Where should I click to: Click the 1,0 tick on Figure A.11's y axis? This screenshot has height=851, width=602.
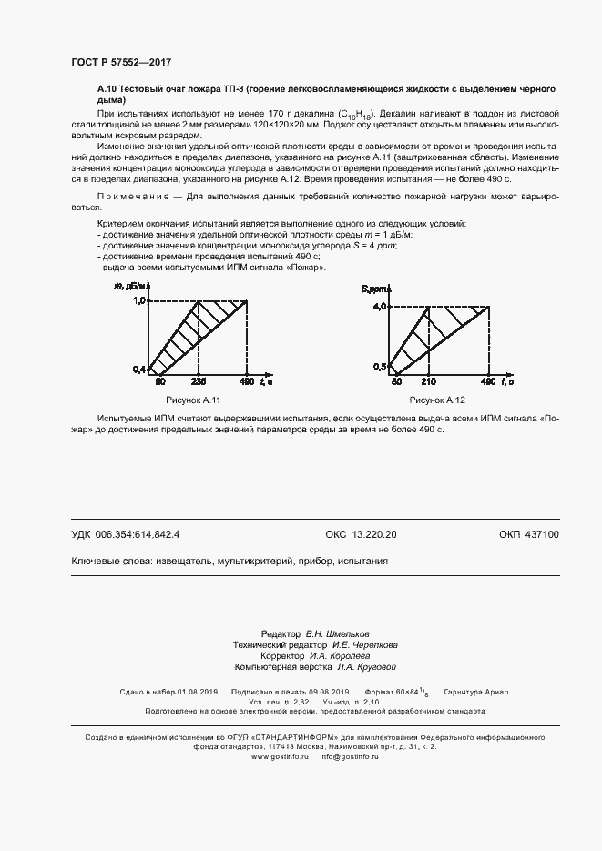140,299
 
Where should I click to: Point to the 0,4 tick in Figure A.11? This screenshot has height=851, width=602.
139,369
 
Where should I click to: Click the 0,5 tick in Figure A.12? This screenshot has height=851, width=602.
380,366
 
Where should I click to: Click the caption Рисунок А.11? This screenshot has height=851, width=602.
193,400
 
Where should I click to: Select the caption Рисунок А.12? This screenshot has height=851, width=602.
437,400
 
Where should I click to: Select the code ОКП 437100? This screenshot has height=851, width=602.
529,535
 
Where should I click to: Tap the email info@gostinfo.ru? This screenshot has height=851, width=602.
349,756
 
